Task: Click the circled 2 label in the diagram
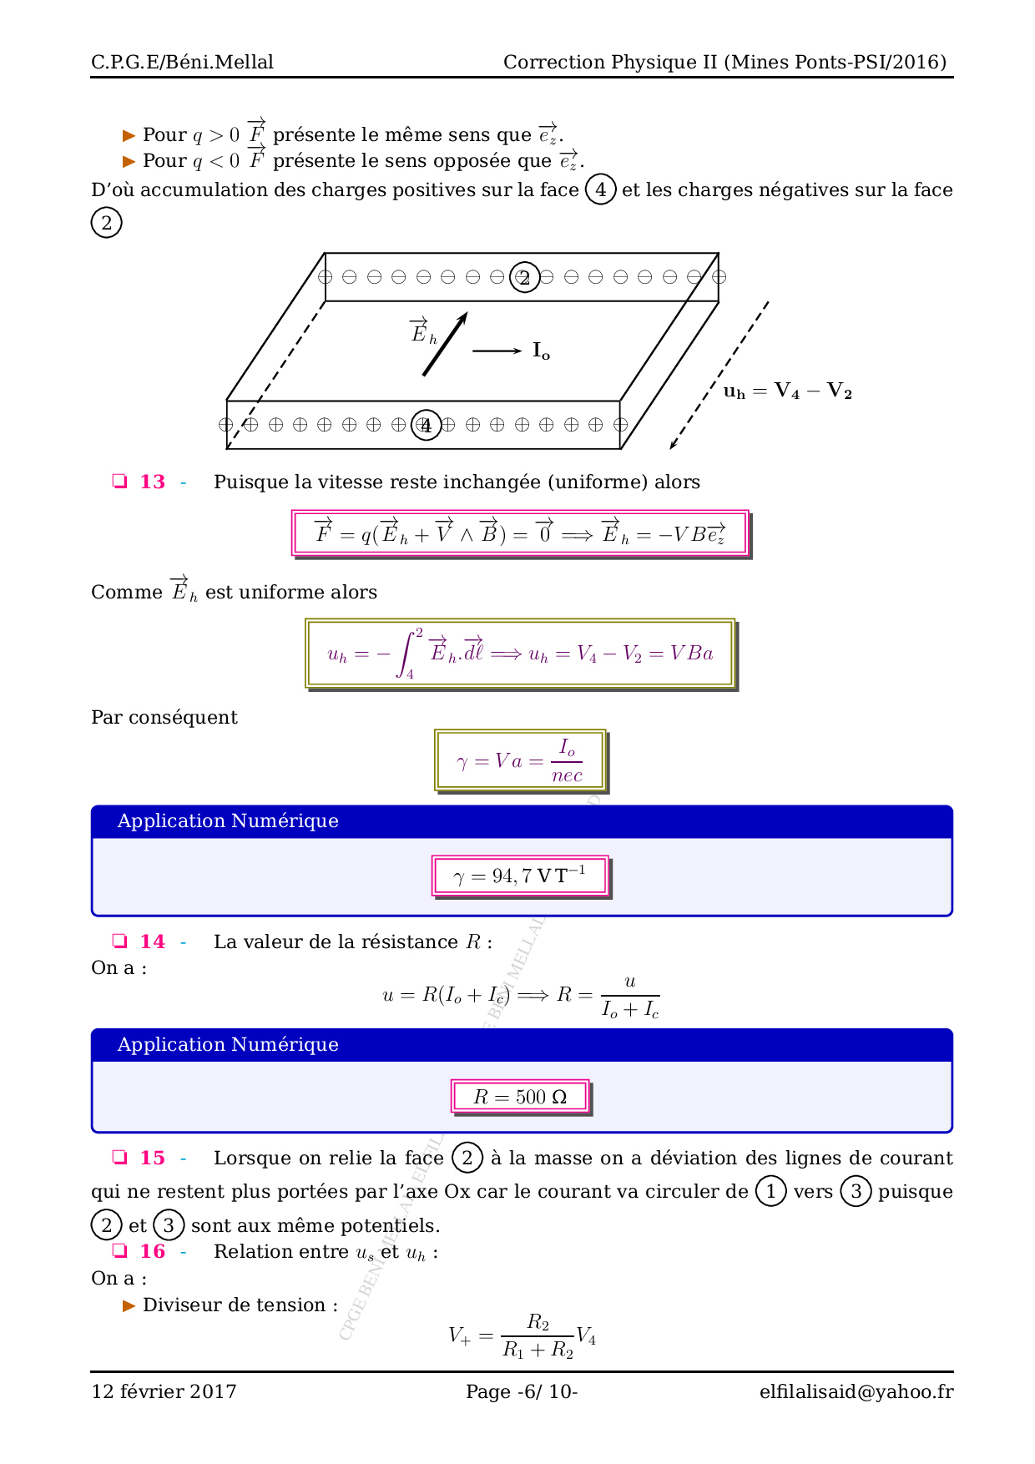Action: (x=524, y=277)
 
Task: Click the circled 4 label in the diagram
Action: (x=427, y=425)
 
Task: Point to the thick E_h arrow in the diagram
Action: (x=445, y=344)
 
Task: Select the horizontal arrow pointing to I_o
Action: (x=497, y=351)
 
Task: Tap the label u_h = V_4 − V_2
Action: (x=787, y=391)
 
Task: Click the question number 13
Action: (x=153, y=482)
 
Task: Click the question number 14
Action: (x=153, y=942)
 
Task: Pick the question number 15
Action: (x=153, y=1158)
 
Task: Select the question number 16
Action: (x=153, y=1251)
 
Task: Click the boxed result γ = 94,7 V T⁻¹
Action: (x=520, y=876)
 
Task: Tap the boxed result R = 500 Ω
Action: (x=520, y=1097)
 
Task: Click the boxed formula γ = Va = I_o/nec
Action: (x=520, y=760)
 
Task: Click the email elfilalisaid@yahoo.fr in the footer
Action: (x=856, y=1391)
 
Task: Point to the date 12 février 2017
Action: (x=164, y=1391)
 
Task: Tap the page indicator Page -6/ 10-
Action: (x=522, y=1391)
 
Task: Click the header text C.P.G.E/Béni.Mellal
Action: (x=182, y=62)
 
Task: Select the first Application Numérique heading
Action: (x=228, y=820)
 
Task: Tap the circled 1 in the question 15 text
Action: (x=770, y=1191)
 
